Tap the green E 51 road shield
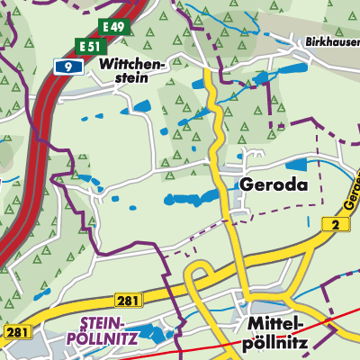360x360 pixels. [x=90, y=46]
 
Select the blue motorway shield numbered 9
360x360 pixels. [x=64, y=66]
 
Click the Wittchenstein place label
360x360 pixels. [x=133, y=71]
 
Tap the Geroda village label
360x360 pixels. [x=274, y=184]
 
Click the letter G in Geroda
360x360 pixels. [x=247, y=184]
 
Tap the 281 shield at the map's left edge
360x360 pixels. [x=13, y=332]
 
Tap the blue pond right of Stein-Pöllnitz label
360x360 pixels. [x=155, y=335]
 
